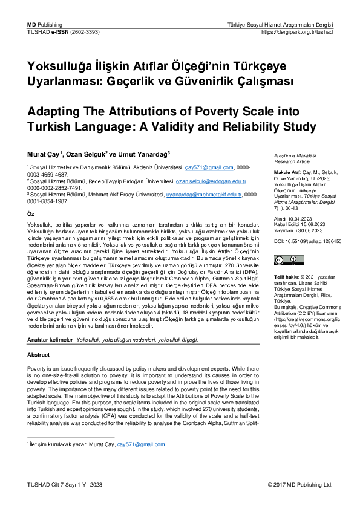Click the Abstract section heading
point(39,355)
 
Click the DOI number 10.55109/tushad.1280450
point(314,241)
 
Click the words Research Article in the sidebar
point(292,162)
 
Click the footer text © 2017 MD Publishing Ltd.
point(300,485)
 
